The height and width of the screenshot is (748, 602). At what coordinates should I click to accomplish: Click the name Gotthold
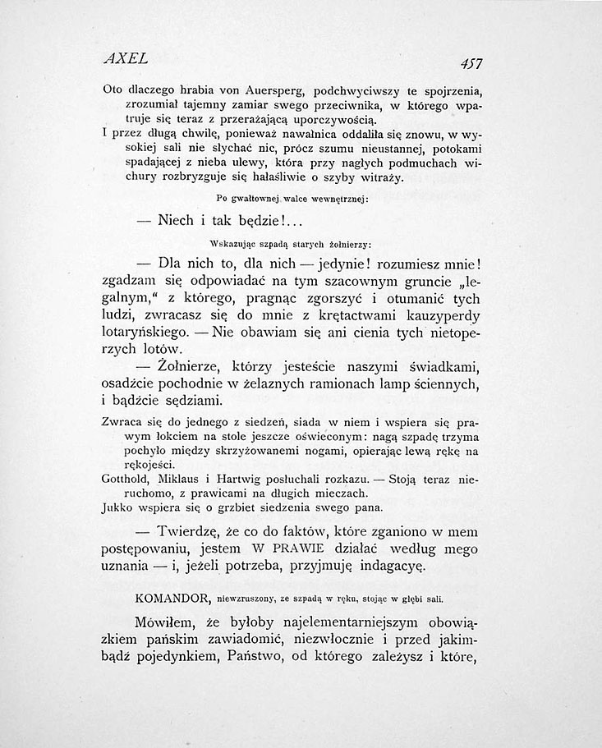125,480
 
